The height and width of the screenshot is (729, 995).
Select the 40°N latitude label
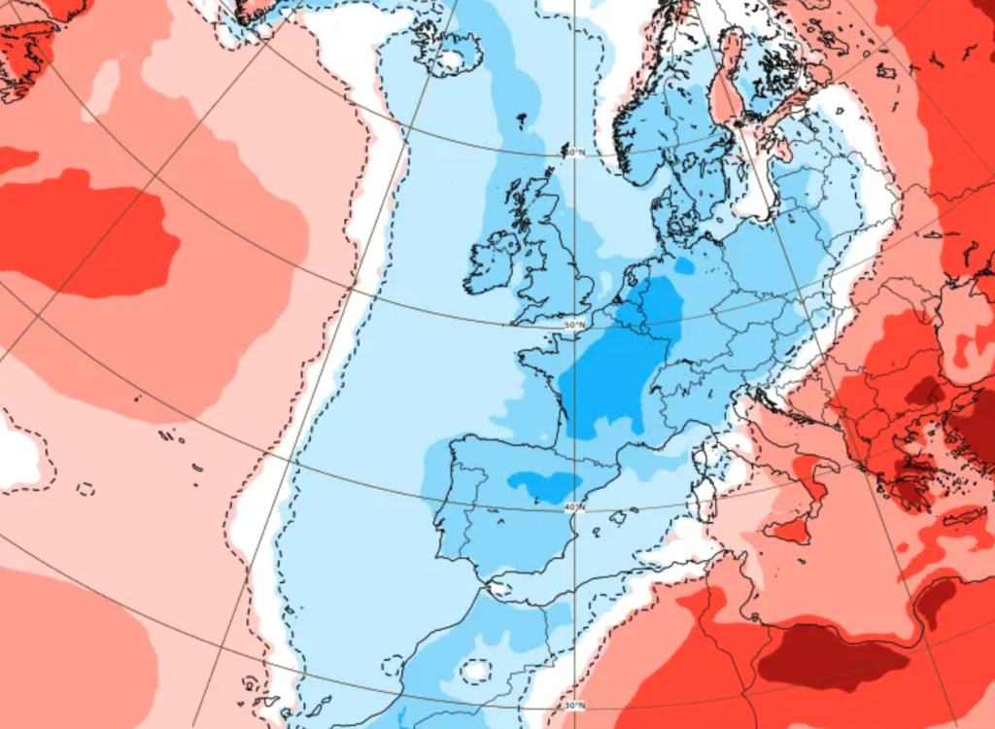coord(574,506)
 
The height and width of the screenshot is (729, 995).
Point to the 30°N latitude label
coord(575,705)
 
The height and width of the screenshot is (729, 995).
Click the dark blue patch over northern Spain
coord(544,484)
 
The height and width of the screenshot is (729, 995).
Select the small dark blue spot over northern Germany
coord(685,265)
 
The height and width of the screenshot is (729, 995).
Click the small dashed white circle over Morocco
coord(476,670)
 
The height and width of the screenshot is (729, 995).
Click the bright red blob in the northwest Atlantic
coord(87,233)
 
